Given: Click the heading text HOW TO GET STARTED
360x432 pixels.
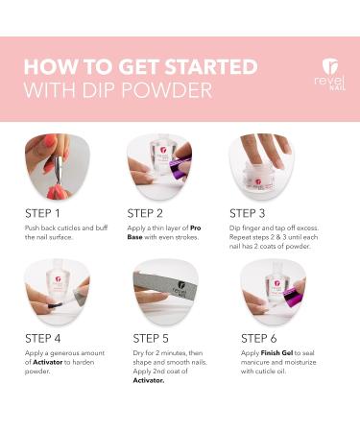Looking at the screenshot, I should [x=140, y=67].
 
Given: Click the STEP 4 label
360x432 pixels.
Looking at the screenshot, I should [x=44, y=338].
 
